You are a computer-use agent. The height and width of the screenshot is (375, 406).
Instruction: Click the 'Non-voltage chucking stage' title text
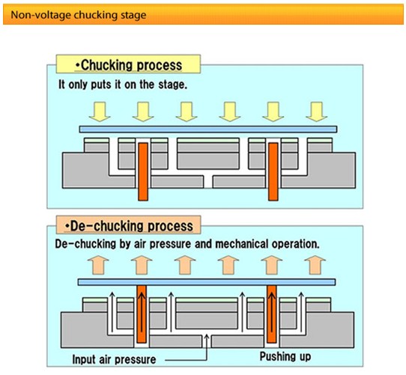coord(79,15)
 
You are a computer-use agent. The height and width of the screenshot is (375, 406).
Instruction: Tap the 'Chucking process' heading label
coord(129,64)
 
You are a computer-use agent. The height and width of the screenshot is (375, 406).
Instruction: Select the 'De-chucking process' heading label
coord(129,225)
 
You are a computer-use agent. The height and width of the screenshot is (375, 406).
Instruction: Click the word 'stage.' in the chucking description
coord(173,85)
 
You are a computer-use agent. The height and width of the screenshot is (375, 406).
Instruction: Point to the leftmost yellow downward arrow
coord(100,112)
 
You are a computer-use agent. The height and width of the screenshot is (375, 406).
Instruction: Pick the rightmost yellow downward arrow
coord(316,112)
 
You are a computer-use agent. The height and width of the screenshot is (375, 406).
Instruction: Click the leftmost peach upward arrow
coord(98,265)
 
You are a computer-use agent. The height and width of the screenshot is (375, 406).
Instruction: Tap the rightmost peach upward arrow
coord(315,265)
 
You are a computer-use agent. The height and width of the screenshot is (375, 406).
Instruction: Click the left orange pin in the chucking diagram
coord(143,171)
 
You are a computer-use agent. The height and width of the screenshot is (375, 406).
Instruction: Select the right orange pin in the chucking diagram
coord(273,171)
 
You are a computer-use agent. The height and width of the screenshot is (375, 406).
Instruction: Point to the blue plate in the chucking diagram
coord(208,129)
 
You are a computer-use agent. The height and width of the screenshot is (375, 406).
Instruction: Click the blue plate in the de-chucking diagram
coord(207,282)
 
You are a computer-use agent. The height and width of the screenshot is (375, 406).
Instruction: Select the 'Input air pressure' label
coord(114,359)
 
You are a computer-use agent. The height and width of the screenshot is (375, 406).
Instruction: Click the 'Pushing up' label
coord(285,356)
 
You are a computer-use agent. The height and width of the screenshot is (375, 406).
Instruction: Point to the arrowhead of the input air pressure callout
coord(207,336)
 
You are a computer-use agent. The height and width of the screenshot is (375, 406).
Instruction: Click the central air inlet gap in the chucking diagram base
coord(207,182)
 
